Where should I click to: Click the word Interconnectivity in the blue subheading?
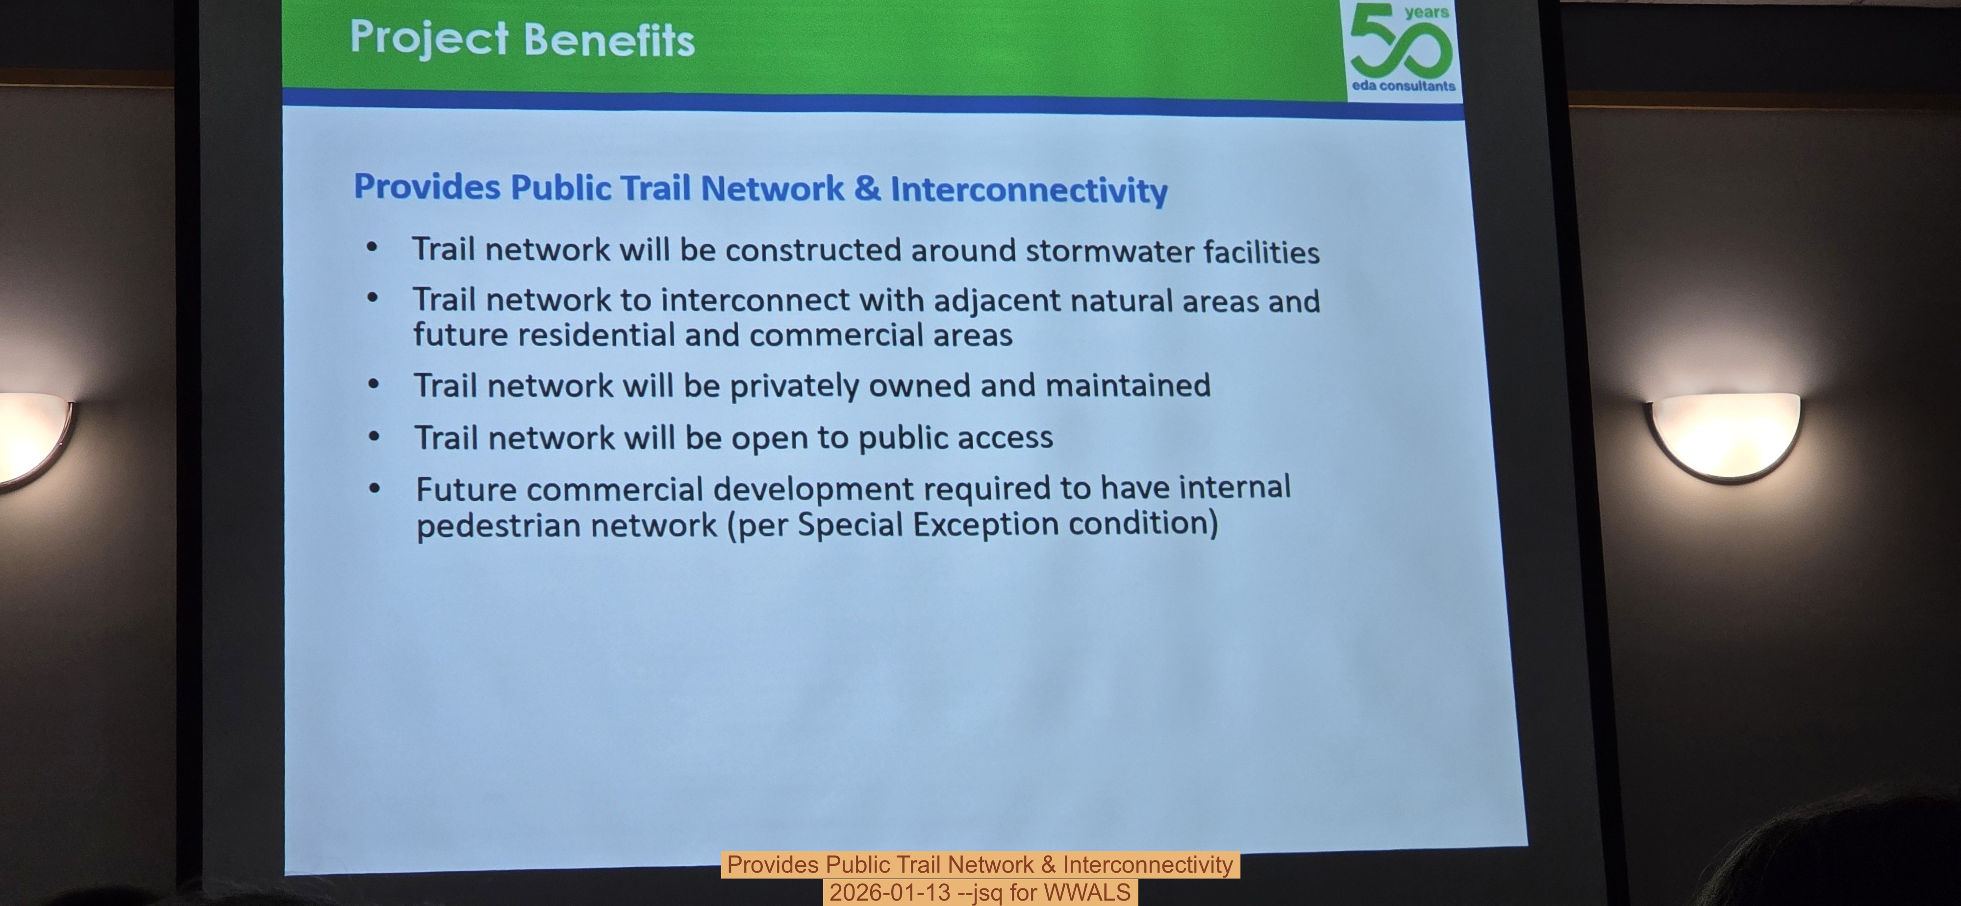tap(1029, 190)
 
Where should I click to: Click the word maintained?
tap(1128, 385)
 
